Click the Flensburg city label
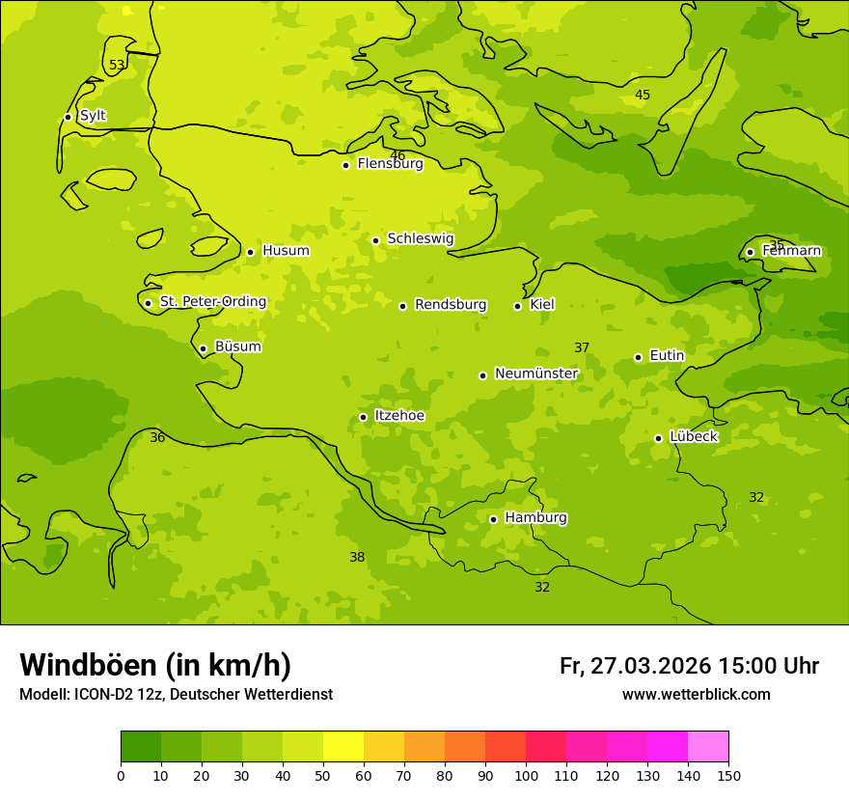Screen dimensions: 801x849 coord(390,164)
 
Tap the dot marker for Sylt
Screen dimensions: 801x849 coord(68,117)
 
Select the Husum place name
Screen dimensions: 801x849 coord(286,251)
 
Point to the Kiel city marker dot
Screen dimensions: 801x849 coord(517,306)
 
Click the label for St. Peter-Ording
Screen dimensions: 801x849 coord(212,302)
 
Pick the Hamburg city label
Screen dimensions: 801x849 coord(535,518)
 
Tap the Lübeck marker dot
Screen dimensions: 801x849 coord(658,438)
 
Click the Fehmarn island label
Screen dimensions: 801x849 coord(791,251)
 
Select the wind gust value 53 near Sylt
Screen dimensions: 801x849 coord(117,66)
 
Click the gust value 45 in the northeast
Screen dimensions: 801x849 coord(643,95)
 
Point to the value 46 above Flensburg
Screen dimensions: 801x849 coord(397,155)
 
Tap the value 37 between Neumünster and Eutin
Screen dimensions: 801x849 coord(582,348)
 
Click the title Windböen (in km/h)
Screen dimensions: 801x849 coord(155,665)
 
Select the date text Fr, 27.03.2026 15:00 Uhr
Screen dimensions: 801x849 coord(689,666)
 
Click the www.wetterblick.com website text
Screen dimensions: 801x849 coord(696,695)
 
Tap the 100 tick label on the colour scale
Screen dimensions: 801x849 coord(526,776)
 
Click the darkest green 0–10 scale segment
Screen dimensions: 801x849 coord(141,747)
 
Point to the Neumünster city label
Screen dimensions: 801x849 coord(535,373)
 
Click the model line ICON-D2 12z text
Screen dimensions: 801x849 coord(176,695)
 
